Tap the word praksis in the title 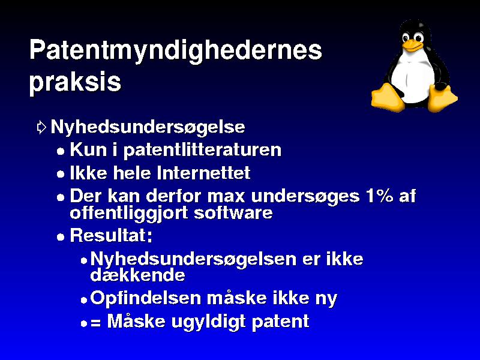click(x=76, y=83)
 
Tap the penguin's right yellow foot click(x=442, y=98)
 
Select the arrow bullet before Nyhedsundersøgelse click(x=41, y=127)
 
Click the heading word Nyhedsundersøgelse click(x=148, y=127)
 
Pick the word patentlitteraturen click(x=202, y=151)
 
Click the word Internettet click(x=203, y=173)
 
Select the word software click(x=233, y=213)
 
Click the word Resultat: click(x=111, y=235)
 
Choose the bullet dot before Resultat click(x=61, y=237)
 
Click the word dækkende click(x=138, y=275)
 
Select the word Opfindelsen click(x=145, y=298)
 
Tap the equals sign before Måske click(x=95, y=322)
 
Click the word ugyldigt click(x=208, y=322)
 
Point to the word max click(x=226, y=197)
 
